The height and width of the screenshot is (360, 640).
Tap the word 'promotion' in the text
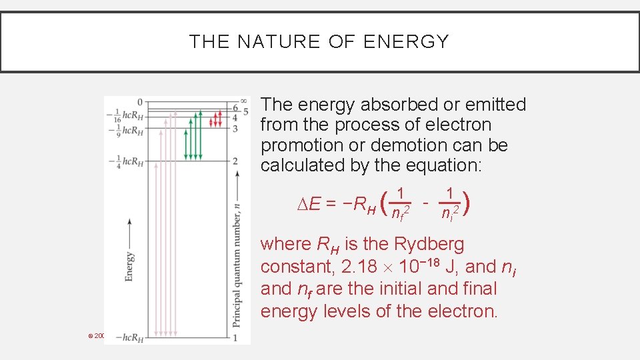click(x=303, y=145)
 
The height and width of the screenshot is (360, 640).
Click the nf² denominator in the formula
click(x=400, y=214)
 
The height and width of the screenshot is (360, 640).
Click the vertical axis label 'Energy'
click(x=129, y=265)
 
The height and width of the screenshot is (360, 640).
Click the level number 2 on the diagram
click(x=235, y=161)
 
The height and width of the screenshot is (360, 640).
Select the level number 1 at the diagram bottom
click(x=235, y=338)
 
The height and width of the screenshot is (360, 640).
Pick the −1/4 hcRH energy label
click(x=125, y=161)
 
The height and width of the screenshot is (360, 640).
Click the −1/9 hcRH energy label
click(x=125, y=130)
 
